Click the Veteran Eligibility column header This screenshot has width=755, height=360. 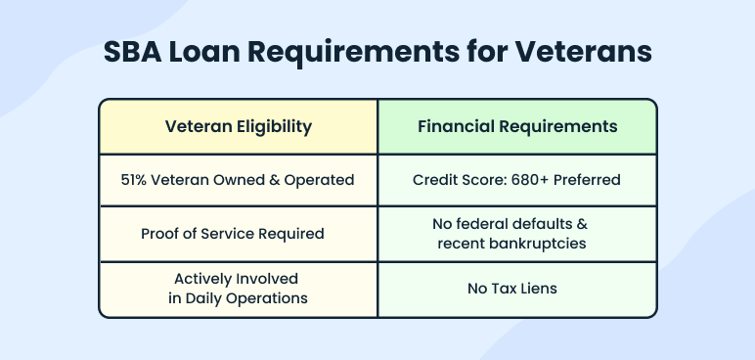pyautogui.click(x=239, y=126)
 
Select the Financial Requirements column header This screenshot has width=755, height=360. pyautogui.click(x=517, y=126)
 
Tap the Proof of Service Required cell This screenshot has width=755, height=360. pyautogui.click(x=239, y=234)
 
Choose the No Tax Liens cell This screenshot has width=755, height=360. pyautogui.click(x=517, y=290)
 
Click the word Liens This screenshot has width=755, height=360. pyautogui.click(x=544, y=290)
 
